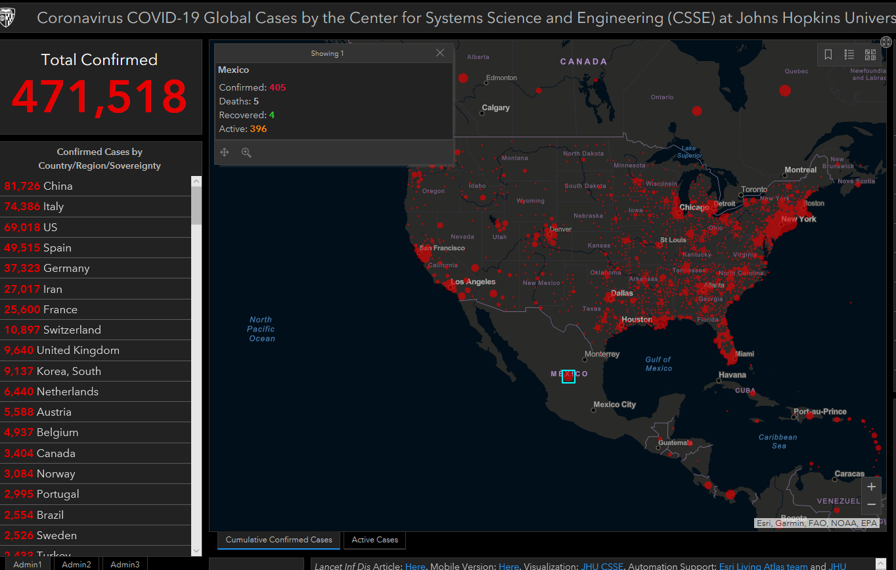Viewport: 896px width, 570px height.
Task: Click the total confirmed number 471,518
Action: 99,97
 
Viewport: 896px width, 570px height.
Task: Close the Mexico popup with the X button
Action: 440,53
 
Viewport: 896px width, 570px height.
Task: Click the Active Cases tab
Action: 374,540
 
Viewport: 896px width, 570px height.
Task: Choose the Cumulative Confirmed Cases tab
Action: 279,540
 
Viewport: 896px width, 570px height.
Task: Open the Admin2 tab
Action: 76,564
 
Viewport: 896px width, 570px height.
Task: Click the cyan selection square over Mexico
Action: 568,376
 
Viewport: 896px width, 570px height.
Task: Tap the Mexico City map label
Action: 614,405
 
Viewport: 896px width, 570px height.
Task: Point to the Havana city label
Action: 732,375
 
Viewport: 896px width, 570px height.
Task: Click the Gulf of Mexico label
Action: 658,364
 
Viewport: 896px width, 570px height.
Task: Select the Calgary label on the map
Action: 495,108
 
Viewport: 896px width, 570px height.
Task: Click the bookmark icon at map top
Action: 828,55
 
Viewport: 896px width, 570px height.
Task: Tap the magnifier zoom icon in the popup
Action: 246,152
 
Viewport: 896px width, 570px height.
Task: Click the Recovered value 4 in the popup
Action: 272,115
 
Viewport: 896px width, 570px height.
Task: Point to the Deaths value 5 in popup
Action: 256,101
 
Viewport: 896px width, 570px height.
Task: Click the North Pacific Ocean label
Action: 261,329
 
